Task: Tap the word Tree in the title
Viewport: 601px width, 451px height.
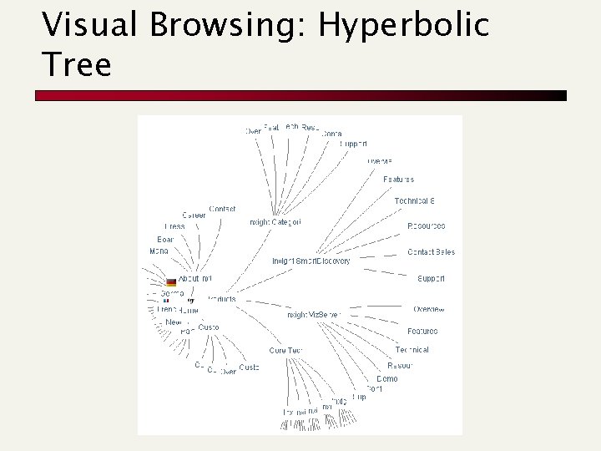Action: click(77, 64)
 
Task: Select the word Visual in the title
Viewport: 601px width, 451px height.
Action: click(93, 25)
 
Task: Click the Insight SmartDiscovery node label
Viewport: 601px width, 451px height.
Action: click(311, 261)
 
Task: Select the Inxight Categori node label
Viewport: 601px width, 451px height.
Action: click(275, 222)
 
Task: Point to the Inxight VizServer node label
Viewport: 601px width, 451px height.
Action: click(314, 315)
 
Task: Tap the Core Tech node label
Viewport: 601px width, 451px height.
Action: click(285, 351)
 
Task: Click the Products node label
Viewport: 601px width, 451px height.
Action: click(220, 298)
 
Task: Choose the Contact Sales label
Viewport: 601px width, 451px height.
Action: click(431, 252)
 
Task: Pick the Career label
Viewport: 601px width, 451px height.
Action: click(194, 215)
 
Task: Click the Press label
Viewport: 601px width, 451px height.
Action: click(174, 226)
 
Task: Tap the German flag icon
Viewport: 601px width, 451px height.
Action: click(171, 282)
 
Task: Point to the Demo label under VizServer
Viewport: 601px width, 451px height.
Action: click(386, 378)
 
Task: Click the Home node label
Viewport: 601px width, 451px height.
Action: click(189, 310)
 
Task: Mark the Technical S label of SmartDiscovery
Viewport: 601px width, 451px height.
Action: click(415, 201)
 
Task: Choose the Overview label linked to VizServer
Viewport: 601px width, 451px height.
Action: click(429, 309)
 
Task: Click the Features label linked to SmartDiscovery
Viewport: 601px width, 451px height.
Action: click(398, 180)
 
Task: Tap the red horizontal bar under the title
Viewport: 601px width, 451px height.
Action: click(300, 95)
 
